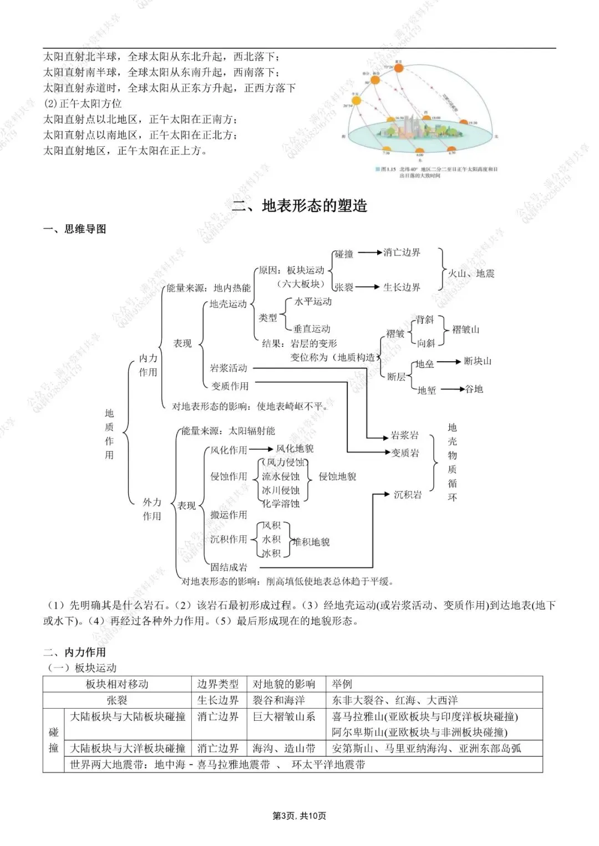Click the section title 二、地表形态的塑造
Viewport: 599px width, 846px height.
[x=299, y=206]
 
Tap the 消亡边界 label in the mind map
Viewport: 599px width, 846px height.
[x=402, y=253]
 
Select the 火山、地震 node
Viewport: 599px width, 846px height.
[x=471, y=273]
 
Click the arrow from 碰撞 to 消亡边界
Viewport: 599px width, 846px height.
[x=369, y=253]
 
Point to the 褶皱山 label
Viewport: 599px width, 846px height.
[x=465, y=330]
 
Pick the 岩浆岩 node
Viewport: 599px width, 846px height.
[x=405, y=435]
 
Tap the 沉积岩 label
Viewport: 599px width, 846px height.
[x=407, y=495]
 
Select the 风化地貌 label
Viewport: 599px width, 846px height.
[x=295, y=449]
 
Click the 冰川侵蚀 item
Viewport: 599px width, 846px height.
[x=280, y=490]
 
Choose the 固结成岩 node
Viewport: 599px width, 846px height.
[x=229, y=567]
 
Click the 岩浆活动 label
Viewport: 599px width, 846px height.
[x=229, y=368]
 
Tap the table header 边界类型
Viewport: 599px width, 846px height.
[x=218, y=684]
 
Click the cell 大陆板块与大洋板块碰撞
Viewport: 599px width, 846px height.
[x=128, y=748]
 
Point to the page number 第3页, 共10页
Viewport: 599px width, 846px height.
[x=299, y=816]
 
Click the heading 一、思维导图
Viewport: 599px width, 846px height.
[x=75, y=229]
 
